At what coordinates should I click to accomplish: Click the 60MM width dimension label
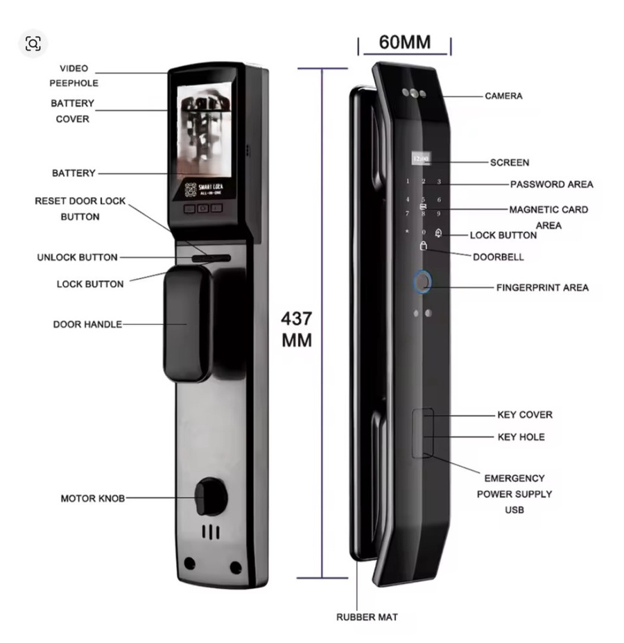(x=404, y=42)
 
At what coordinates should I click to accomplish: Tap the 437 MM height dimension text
(x=296, y=330)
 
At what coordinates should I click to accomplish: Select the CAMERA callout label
(x=503, y=96)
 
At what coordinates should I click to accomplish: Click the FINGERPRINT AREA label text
(x=542, y=287)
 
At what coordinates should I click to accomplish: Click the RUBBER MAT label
(x=367, y=617)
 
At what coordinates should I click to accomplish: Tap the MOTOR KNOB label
(x=93, y=498)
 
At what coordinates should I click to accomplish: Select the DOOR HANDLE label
(x=87, y=324)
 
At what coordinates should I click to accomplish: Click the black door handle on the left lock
(x=186, y=323)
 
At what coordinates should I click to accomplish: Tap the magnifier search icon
(x=33, y=44)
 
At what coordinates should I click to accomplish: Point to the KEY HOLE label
(x=521, y=437)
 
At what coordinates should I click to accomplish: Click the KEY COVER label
(x=525, y=415)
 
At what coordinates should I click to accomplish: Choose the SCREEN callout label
(x=510, y=162)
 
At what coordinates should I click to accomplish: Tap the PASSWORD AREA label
(x=551, y=185)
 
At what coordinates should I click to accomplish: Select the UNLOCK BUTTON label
(x=77, y=257)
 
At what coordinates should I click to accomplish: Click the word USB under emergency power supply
(x=514, y=510)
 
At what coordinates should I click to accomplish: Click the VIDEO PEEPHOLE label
(x=73, y=76)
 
